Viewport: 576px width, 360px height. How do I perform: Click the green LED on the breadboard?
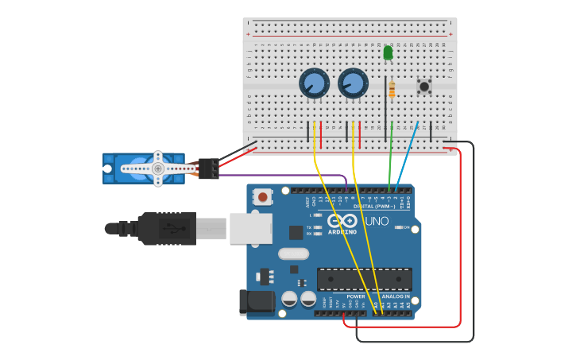(388, 53)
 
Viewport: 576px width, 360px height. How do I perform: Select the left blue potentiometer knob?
(314, 83)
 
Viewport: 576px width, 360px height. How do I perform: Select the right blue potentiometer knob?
(353, 83)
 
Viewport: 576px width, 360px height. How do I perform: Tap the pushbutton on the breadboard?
(424, 86)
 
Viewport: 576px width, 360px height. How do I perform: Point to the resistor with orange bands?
(392, 90)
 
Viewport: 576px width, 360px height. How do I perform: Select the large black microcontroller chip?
(364, 279)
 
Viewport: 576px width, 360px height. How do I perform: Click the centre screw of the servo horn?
(158, 168)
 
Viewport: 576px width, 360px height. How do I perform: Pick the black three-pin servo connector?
(208, 168)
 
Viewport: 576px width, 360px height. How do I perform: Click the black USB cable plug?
(167, 228)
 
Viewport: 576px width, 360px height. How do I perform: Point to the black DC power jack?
(256, 303)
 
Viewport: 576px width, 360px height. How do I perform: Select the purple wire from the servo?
(286, 176)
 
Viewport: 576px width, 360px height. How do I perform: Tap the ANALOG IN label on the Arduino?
(395, 296)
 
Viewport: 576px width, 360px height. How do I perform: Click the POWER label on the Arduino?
(355, 296)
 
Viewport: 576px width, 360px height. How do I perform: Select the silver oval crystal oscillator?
(293, 254)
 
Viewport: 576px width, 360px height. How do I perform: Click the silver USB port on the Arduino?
(250, 228)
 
